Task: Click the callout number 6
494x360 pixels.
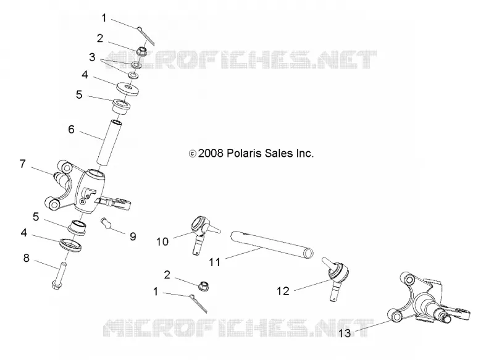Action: pyautogui.click(x=71, y=130)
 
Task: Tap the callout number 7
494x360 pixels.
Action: pyautogui.click(x=22, y=164)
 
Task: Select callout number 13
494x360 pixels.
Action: pyautogui.click(x=345, y=333)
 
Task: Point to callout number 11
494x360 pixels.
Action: pyautogui.click(x=214, y=262)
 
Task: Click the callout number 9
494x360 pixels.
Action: pyautogui.click(x=133, y=237)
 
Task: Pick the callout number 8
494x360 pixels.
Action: pyautogui.click(x=27, y=258)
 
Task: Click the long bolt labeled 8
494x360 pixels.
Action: pyautogui.click(x=59, y=275)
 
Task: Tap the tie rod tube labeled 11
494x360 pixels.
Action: pyautogui.click(x=272, y=245)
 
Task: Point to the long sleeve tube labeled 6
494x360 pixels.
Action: pyautogui.click(x=109, y=143)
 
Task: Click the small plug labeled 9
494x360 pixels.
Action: pyautogui.click(x=106, y=222)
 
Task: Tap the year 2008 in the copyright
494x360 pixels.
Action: pyautogui.click(x=211, y=153)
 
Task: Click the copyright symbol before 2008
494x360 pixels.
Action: pyautogui.click(x=192, y=154)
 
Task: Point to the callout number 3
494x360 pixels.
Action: pyautogui.click(x=92, y=57)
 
